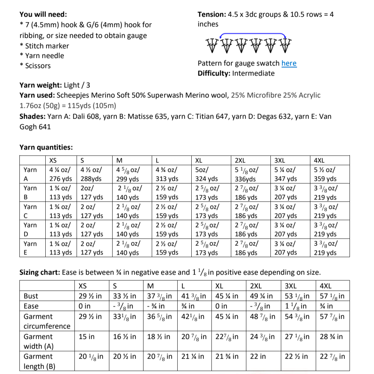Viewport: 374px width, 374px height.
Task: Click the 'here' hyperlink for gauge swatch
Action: (289, 63)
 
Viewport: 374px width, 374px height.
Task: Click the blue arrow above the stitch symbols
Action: (253, 33)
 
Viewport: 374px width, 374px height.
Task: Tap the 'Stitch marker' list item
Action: (47, 46)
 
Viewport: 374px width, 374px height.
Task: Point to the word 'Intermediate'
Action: (253, 73)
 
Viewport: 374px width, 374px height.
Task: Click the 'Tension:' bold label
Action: (211, 14)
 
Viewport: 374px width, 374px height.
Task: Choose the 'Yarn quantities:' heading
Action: (46, 147)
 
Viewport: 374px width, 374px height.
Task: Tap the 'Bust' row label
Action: (31, 296)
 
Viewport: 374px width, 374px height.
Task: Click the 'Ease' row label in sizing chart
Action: (31, 306)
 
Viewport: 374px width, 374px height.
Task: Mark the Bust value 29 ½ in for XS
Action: (90, 296)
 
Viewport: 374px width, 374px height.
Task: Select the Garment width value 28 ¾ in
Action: (331, 337)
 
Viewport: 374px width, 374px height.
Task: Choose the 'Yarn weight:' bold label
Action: (41, 85)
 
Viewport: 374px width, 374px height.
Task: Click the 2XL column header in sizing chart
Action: (256, 286)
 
